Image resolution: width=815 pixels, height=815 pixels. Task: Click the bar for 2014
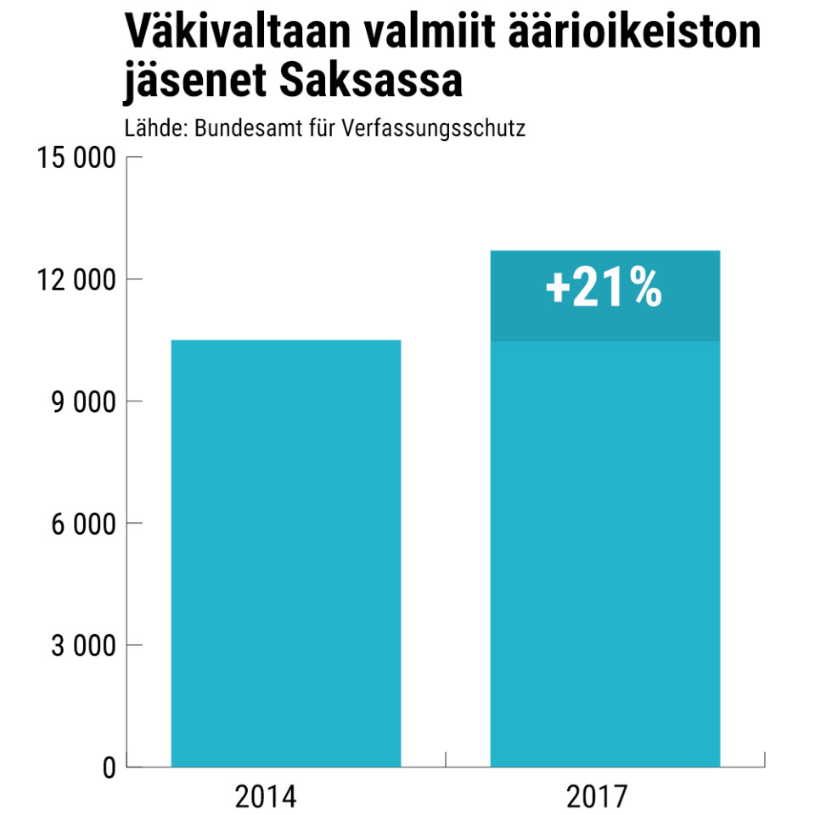coord(286,554)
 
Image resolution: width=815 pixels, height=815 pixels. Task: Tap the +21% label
coord(604,289)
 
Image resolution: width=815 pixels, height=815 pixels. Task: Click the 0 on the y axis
coord(108,767)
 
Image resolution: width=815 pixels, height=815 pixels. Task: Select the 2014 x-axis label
coord(266,798)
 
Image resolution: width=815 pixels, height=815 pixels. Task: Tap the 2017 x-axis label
coord(597,798)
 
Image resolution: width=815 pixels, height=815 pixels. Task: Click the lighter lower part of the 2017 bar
coord(605,554)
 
